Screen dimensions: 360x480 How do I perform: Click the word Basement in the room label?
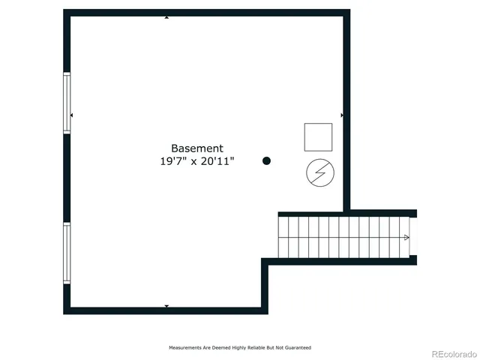click(196, 148)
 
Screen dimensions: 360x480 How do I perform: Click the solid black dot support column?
click(266, 160)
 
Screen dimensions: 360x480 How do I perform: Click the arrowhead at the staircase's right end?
click(406, 238)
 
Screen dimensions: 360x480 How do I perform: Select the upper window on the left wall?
click(67, 103)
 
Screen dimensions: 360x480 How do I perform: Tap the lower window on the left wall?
click(67, 253)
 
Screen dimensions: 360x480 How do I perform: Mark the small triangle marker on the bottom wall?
click(166, 306)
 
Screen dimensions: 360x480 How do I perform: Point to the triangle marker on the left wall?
click(71, 115)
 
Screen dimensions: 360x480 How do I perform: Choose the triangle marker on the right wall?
click(342, 115)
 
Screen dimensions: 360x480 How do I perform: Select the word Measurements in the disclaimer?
click(184, 348)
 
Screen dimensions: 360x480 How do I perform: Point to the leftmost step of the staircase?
click(283, 237)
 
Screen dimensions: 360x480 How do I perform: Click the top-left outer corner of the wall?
click(64, 10)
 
